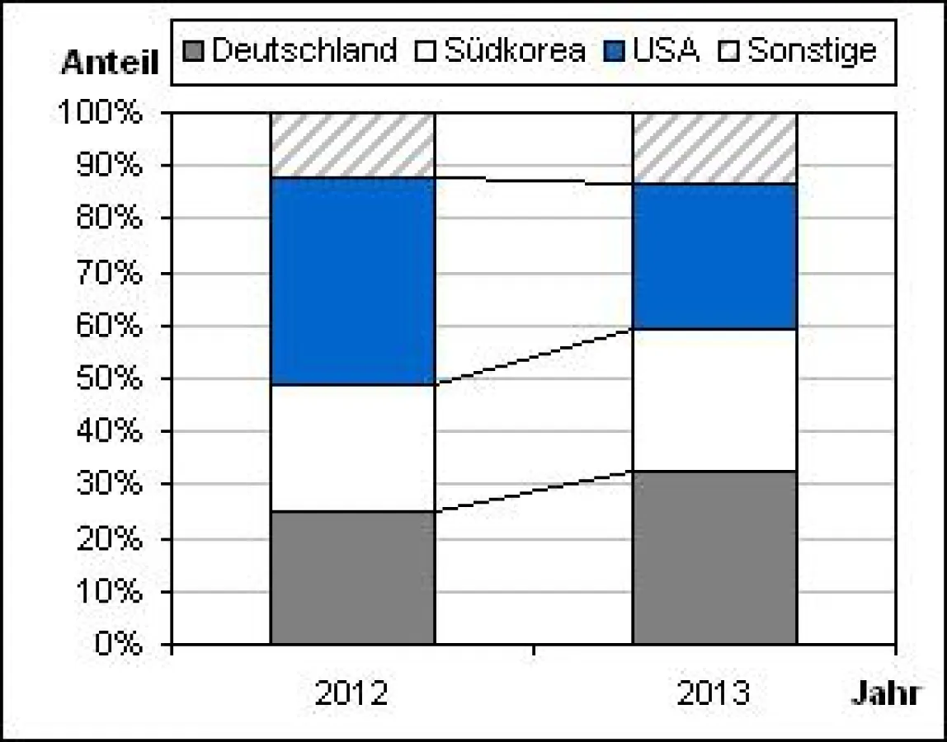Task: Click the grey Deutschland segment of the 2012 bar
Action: click(352, 577)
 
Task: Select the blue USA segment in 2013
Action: click(714, 256)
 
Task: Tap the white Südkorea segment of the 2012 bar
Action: click(352, 448)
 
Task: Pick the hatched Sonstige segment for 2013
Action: click(714, 148)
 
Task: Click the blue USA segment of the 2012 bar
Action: click(352, 280)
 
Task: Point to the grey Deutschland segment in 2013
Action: click(714, 557)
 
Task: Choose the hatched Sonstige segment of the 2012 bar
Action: click(352, 145)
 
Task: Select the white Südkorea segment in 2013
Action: click(714, 400)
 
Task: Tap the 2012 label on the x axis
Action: click(351, 693)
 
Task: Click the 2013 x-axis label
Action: click(714, 693)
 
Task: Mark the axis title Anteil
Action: click(109, 64)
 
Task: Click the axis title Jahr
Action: click(885, 693)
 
